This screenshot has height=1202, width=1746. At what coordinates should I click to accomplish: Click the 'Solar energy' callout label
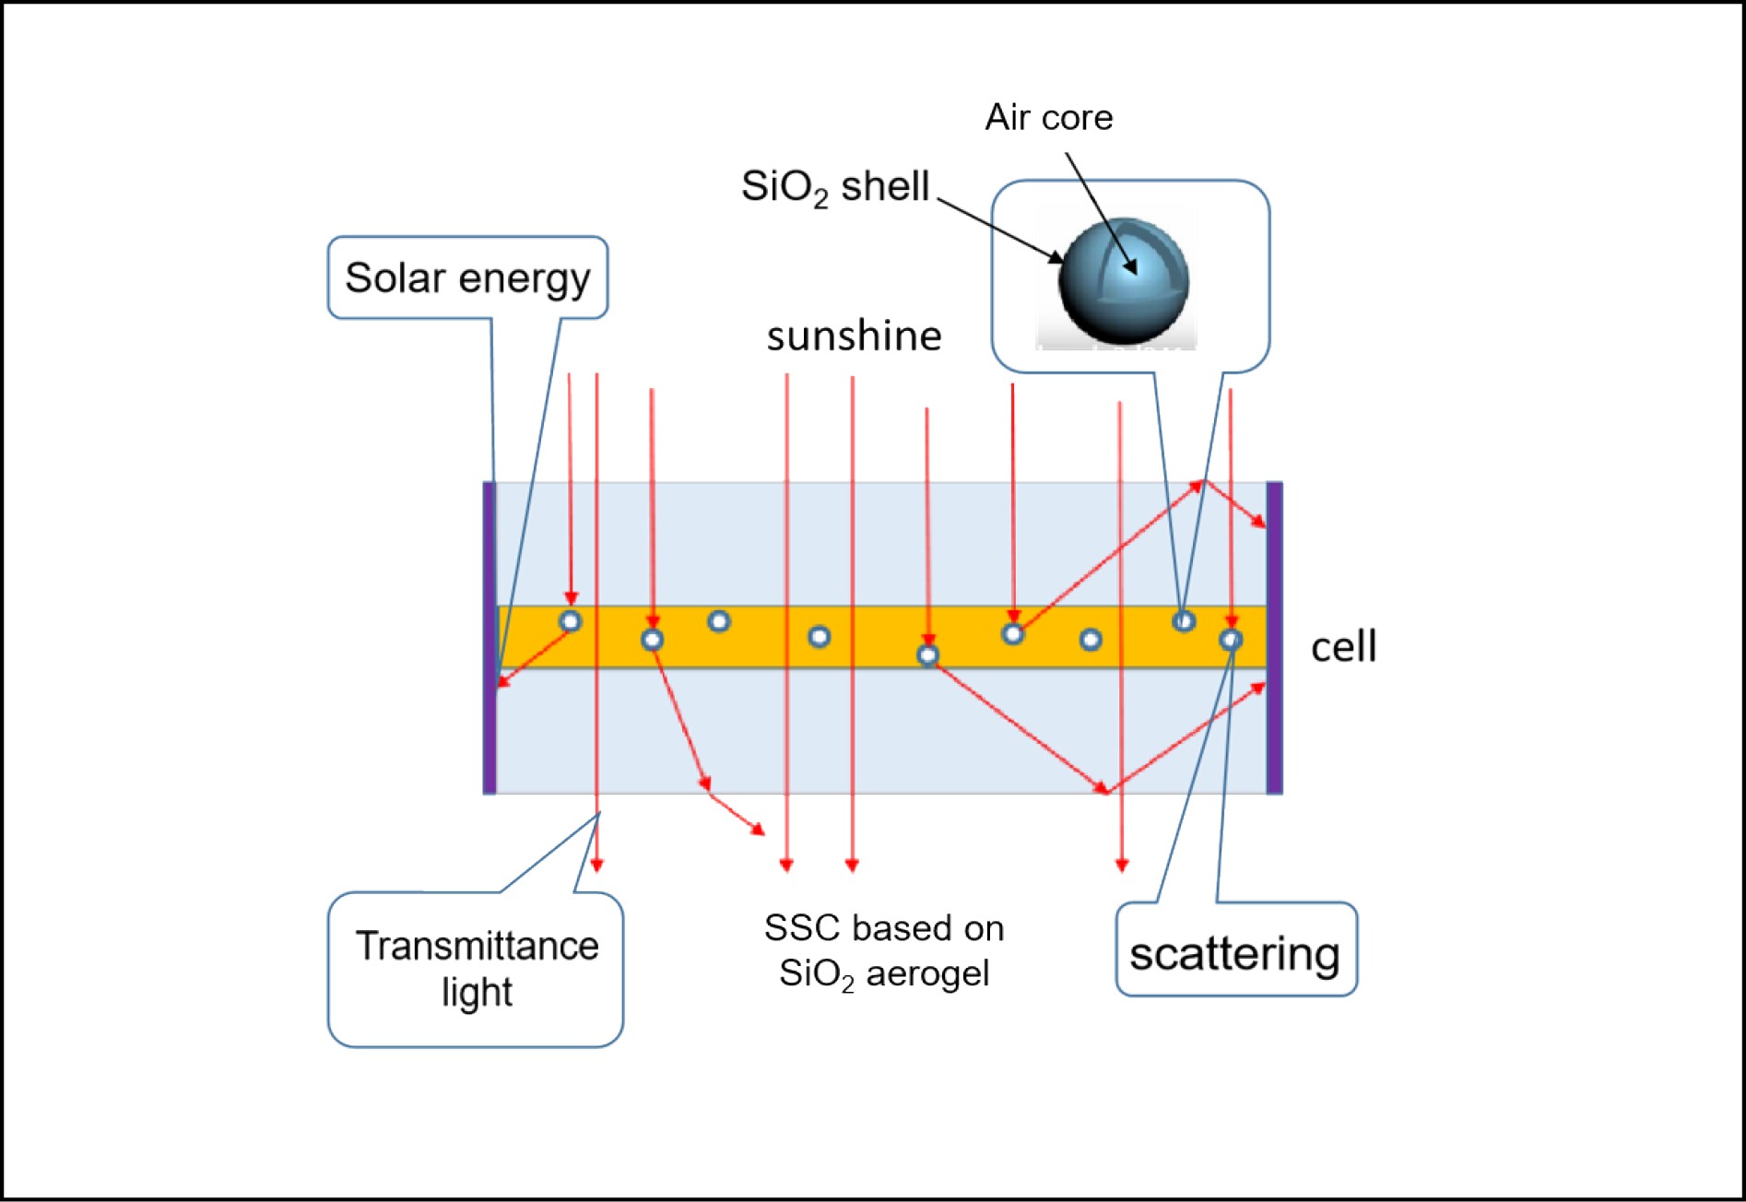[x=467, y=277]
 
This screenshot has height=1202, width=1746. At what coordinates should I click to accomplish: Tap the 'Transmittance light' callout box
[x=476, y=969]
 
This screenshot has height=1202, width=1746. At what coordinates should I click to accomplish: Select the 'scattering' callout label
[x=1235, y=953]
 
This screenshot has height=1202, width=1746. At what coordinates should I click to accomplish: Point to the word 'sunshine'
[x=854, y=336]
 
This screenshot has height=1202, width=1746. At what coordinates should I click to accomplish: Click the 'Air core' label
[x=1048, y=118]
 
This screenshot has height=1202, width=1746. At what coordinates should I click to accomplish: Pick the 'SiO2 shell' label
[x=835, y=187]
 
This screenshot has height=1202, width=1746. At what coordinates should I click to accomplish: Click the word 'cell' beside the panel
[x=1343, y=646]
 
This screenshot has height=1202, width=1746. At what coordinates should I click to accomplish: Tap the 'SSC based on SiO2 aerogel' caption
[x=884, y=950]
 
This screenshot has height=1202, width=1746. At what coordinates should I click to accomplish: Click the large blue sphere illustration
[x=1124, y=281]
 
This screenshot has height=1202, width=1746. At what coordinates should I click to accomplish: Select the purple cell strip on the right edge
[x=1274, y=637]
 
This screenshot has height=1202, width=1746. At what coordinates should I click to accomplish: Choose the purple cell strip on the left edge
[x=490, y=637]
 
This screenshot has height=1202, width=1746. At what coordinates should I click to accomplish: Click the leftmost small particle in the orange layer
[x=571, y=621]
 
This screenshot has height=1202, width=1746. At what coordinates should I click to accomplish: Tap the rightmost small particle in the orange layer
[x=1231, y=640]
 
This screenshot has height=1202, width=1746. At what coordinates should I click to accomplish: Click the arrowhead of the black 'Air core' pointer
[x=1131, y=267]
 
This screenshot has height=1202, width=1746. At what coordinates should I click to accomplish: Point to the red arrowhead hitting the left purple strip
[x=502, y=682]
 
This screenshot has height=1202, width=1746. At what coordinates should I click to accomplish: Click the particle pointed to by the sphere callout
[x=1184, y=621]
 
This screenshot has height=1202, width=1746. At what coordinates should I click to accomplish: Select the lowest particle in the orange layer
[x=928, y=655]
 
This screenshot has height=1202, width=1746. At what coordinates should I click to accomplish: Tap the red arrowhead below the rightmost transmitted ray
[x=1122, y=865]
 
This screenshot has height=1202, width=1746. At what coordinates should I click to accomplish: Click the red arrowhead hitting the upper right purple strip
[x=1260, y=523]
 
